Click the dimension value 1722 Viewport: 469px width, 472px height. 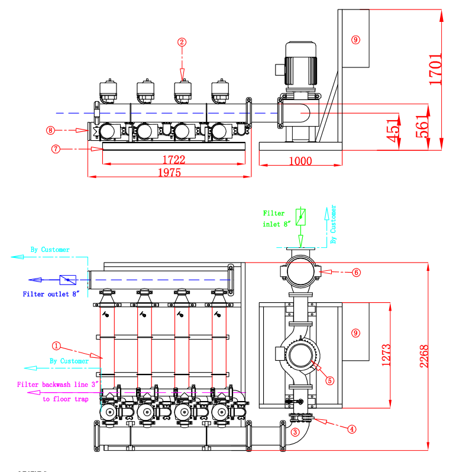[x=174, y=159]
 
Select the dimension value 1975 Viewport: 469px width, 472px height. [x=170, y=173]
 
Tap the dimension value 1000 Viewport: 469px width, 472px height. [x=300, y=161]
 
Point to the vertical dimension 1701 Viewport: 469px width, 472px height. [x=435, y=69]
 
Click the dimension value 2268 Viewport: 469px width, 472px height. [x=424, y=357]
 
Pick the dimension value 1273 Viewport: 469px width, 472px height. [x=386, y=355]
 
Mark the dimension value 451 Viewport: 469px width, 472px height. [x=393, y=130]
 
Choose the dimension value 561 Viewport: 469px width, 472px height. [x=422, y=127]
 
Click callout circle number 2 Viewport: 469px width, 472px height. [x=182, y=42]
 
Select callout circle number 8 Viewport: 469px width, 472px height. [x=51, y=130]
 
